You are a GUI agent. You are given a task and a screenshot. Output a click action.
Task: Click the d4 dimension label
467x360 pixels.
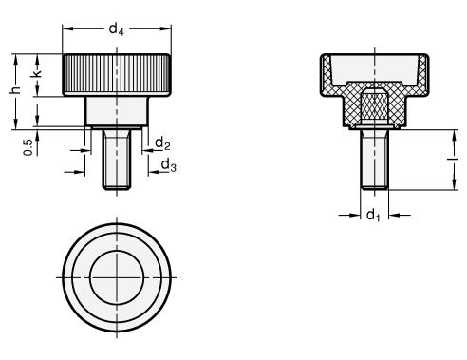(116, 29)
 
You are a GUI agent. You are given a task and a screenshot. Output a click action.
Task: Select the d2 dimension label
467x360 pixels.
(162, 143)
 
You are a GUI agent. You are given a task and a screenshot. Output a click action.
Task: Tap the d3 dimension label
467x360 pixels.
(168, 165)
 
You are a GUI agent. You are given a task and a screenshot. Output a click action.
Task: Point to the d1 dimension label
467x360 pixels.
(373, 216)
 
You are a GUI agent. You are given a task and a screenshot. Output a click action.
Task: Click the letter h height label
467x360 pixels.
(15, 90)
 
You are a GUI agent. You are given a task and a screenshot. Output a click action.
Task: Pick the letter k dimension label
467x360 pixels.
(37, 73)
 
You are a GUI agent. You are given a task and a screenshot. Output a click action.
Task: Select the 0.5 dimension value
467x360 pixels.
(28, 147)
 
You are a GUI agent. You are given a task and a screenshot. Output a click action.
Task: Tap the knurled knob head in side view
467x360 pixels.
(117, 75)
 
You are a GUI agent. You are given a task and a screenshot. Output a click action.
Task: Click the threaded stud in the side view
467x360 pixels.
(117, 160)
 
